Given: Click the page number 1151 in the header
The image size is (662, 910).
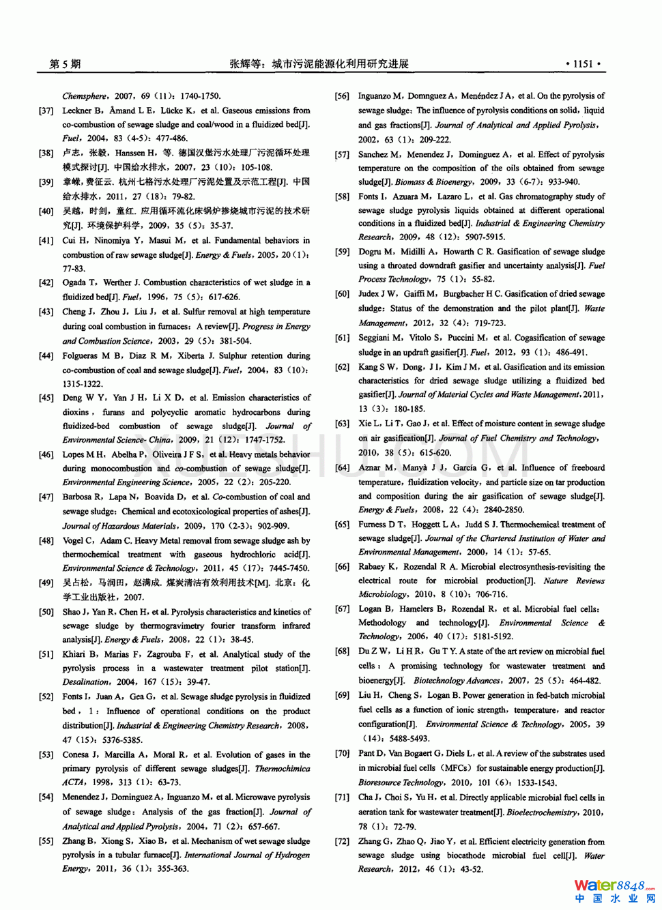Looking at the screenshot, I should (x=583, y=64).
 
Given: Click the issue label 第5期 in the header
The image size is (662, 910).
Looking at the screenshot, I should (x=65, y=64).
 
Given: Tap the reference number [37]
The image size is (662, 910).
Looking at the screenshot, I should (x=46, y=111).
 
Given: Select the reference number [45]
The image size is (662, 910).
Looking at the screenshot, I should (x=46, y=398).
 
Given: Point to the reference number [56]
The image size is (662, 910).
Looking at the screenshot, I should (x=342, y=96).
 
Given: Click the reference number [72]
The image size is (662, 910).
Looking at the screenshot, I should (x=342, y=842).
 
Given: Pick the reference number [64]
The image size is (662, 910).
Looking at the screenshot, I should (x=342, y=468).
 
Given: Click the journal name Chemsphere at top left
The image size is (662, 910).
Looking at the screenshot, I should (x=85, y=96).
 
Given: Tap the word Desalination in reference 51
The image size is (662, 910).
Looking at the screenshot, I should (x=86, y=682).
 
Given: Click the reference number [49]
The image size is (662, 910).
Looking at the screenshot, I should (x=46, y=583).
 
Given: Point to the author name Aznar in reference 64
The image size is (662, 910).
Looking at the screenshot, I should (x=369, y=468).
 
